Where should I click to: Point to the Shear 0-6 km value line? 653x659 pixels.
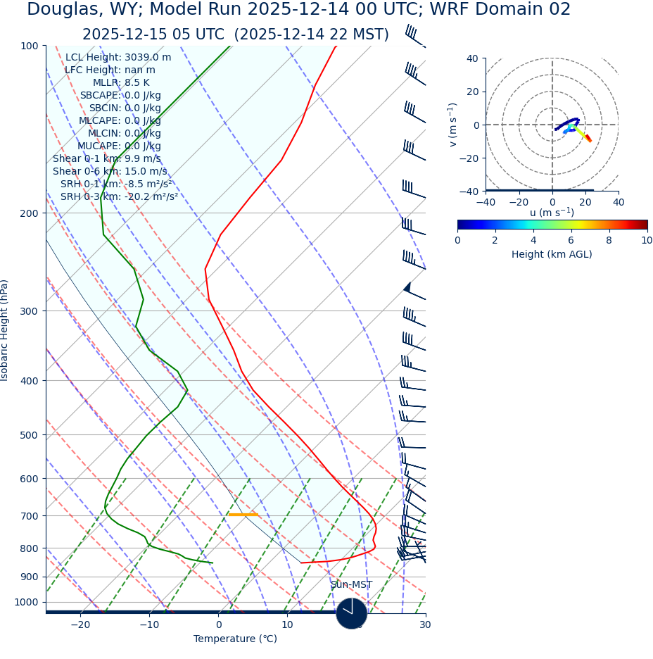click(x=110, y=172)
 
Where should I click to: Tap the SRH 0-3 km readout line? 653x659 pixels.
click(x=119, y=197)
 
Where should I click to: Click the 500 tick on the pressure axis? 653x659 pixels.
click(x=29, y=435)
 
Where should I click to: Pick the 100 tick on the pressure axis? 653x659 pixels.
click(x=29, y=46)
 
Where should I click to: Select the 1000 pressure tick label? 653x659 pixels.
click(x=26, y=603)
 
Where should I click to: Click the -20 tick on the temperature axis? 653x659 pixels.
click(x=80, y=625)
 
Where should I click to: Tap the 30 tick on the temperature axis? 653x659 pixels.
click(x=425, y=625)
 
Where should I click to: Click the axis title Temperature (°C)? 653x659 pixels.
click(x=235, y=639)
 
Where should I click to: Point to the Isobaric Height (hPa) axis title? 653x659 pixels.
click(x=5, y=330)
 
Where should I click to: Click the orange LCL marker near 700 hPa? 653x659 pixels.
click(x=243, y=515)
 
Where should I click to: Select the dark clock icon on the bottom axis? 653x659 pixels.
click(x=351, y=613)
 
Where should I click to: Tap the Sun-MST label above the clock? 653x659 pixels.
click(x=351, y=585)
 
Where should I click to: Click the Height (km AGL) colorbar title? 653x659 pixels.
click(x=552, y=255)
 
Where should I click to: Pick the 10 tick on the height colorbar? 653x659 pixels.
click(x=647, y=241)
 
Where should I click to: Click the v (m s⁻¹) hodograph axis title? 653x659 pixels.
click(x=453, y=125)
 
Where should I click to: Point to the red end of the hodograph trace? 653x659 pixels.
click(x=589, y=140)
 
